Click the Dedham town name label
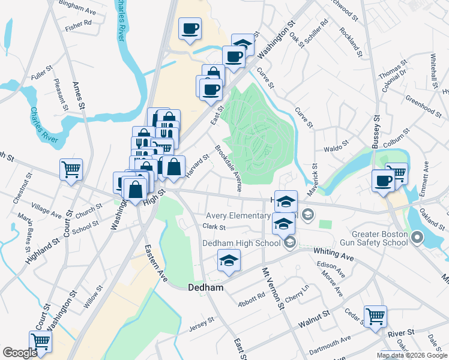click(x=206, y=287)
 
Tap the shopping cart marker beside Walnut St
click(x=375, y=316)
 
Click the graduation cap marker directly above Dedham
click(x=229, y=260)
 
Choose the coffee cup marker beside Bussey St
click(x=383, y=180)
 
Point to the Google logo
click(x=20, y=353)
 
